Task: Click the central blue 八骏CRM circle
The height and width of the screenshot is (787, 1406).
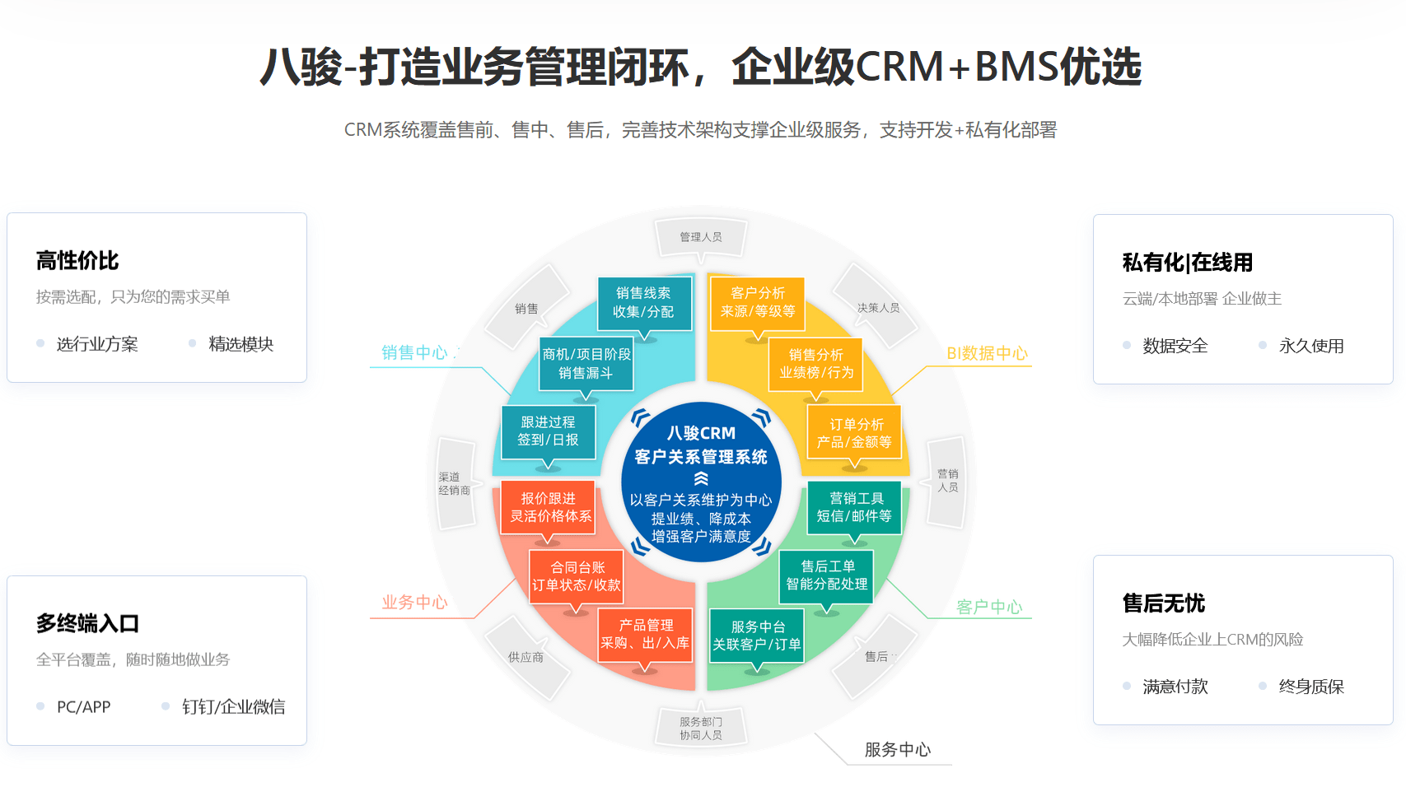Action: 701,482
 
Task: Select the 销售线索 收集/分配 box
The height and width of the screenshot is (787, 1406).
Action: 643,302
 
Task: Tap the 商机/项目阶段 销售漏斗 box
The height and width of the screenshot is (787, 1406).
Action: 586,363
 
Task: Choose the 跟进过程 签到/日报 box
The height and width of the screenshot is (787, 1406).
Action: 548,431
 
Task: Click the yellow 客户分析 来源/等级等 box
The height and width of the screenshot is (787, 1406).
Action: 758,302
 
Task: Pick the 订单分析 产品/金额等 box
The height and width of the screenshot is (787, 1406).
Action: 854,433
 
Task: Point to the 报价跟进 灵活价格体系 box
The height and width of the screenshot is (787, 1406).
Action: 549,507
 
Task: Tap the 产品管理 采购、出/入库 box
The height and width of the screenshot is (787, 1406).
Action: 645,635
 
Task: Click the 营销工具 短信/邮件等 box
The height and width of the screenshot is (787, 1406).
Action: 854,507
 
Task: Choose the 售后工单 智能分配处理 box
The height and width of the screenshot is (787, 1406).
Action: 827,575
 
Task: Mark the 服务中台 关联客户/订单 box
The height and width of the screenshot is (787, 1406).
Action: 757,636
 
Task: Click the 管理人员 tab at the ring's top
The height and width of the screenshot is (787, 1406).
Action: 701,237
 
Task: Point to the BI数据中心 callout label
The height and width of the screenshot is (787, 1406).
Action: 987,353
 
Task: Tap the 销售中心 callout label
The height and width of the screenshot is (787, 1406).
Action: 414,352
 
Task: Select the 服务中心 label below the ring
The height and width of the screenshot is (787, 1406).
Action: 897,750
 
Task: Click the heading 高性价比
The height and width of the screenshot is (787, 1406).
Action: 77,261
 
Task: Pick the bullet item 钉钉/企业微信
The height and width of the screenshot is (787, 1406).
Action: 233,707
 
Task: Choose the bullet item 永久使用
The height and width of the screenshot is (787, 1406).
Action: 1310,347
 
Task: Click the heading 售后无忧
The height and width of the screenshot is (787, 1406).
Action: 1163,603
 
